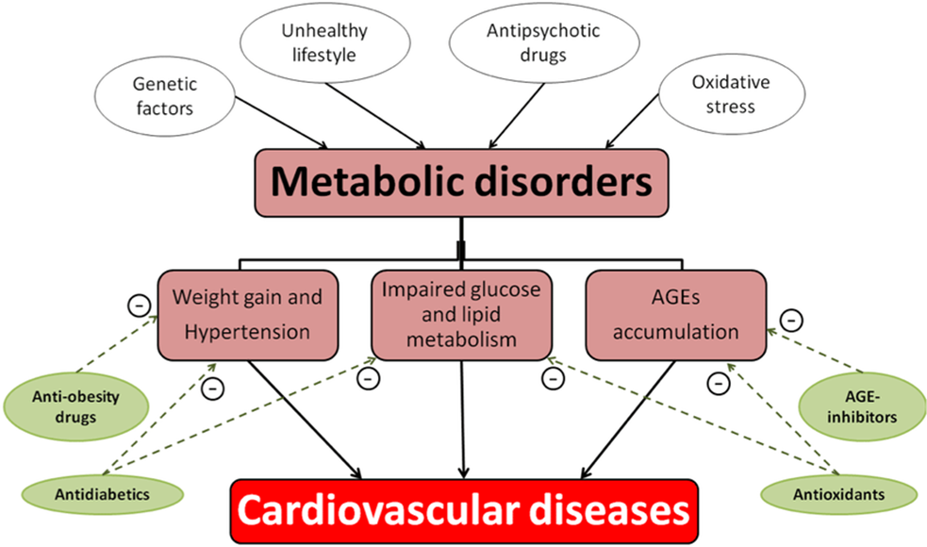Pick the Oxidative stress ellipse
tap(730, 95)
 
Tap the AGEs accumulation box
tap(675, 315)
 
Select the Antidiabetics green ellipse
tap(102, 492)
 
